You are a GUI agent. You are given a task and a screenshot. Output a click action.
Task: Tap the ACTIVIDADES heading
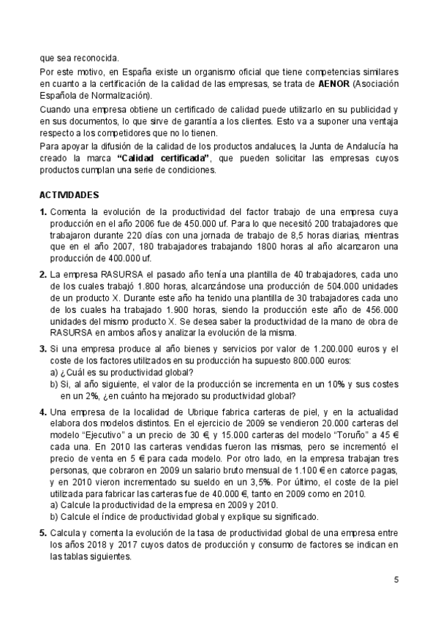(x=74, y=196)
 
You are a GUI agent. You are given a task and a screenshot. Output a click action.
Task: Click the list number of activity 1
(x=43, y=211)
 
